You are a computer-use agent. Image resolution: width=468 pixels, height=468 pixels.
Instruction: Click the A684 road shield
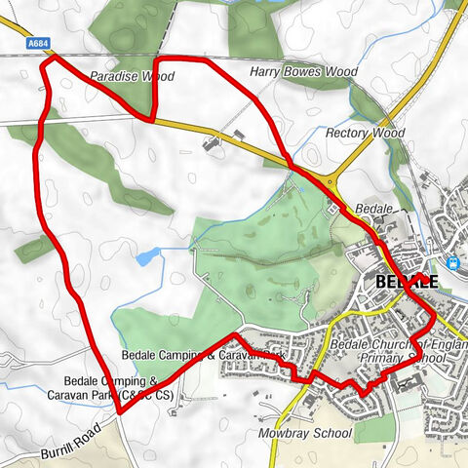(38, 42)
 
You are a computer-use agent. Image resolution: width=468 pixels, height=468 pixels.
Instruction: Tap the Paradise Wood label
(131, 75)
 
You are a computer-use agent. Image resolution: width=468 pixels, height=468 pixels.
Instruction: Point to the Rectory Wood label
(366, 133)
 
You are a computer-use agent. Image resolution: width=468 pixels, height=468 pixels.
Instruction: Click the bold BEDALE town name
(407, 282)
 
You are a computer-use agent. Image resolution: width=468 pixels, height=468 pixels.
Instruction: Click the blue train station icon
(451, 262)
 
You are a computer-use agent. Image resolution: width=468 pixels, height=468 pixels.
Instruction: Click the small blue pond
(148, 256)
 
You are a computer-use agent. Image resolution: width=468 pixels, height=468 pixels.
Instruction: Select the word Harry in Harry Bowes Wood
(264, 72)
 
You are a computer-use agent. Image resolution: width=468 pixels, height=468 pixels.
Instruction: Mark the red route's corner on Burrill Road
(120, 411)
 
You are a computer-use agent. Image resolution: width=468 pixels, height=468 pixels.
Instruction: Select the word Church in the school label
(396, 345)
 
